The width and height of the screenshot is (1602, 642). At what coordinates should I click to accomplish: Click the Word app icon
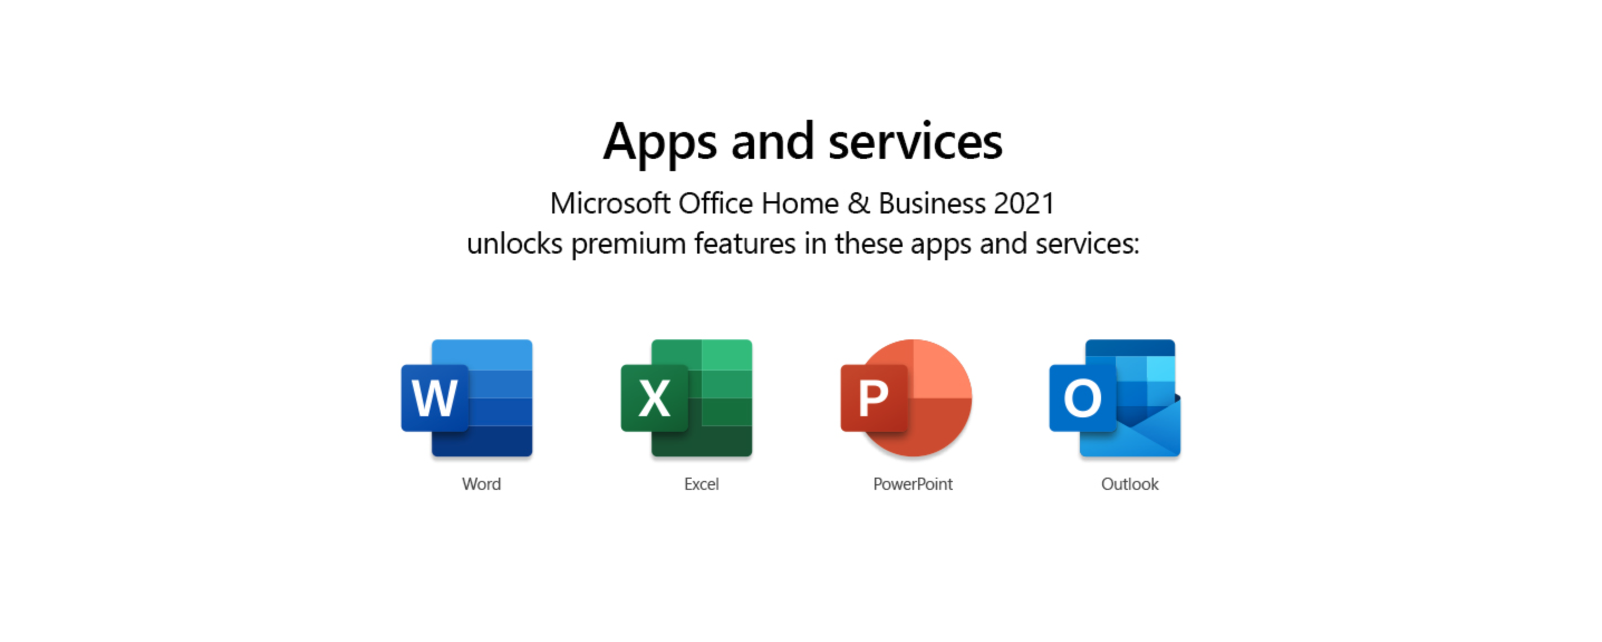pos(466,398)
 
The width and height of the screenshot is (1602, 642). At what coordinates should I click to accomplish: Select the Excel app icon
pos(687,398)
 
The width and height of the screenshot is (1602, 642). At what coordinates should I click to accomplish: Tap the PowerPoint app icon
pos(906,398)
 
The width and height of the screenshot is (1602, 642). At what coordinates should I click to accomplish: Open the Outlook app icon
pos(1115,398)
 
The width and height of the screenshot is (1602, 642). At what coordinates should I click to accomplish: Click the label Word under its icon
pos(481,484)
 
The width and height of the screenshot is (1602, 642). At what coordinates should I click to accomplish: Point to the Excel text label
pos(702,484)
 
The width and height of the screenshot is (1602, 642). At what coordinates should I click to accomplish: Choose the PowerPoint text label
pos(913,484)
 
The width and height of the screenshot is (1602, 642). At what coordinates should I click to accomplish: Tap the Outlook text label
pos(1130,484)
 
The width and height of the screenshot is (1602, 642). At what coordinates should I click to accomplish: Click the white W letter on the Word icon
pos(435,398)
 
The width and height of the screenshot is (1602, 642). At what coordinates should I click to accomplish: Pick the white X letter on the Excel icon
pos(655,398)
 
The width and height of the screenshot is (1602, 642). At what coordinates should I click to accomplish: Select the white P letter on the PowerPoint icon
pos(873,398)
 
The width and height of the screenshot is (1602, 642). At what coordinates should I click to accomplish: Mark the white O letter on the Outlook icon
pos(1082,398)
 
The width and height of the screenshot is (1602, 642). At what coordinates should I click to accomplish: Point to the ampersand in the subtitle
pos(859,204)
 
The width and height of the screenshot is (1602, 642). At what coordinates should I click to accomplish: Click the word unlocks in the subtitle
pos(514,243)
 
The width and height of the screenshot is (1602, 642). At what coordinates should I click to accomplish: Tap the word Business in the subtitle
pos(932,204)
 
